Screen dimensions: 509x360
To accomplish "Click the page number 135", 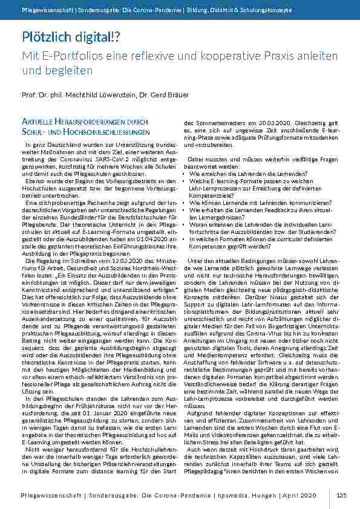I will (x=341, y=495).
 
